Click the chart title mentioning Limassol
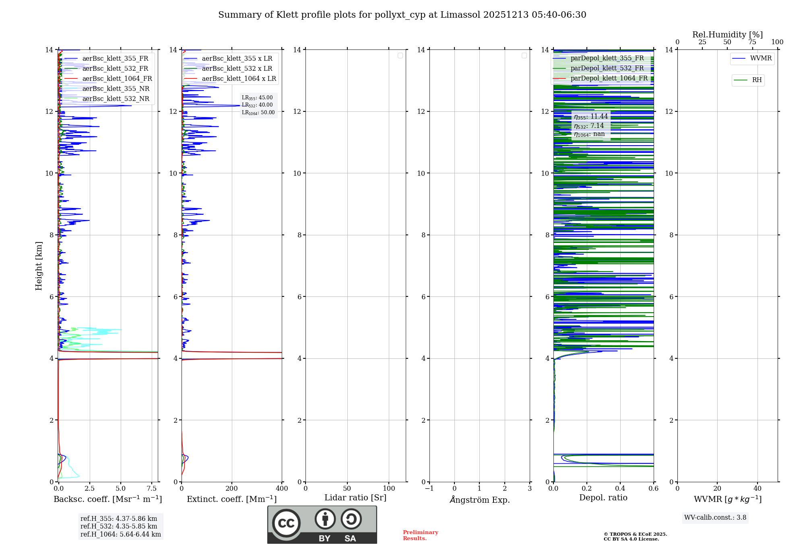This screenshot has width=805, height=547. [x=402, y=15]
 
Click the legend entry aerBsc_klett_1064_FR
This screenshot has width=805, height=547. [x=117, y=79]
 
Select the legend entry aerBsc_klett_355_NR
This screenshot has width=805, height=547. [x=116, y=89]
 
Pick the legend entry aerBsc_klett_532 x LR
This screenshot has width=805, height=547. [x=237, y=69]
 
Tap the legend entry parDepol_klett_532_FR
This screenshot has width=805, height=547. [x=607, y=68]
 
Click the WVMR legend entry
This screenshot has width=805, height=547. [x=760, y=58]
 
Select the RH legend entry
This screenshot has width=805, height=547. [x=756, y=80]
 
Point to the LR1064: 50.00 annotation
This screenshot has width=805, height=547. [x=258, y=113]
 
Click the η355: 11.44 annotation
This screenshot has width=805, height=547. [x=590, y=117]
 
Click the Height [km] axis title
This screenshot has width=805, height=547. [x=39, y=266]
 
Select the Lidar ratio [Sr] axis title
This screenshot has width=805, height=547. [x=355, y=498]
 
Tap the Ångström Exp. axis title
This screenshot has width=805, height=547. [x=479, y=500]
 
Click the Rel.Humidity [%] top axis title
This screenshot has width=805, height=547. [x=727, y=35]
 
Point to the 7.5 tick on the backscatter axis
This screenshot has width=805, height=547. [x=152, y=489]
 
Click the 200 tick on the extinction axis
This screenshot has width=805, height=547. [x=231, y=489]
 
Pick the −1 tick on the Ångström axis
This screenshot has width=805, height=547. [x=429, y=489]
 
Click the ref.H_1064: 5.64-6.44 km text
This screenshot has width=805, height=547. [x=120, y=535]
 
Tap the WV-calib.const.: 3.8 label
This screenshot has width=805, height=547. [x=715, y=518]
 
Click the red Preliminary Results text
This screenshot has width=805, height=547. [x=420, y=535]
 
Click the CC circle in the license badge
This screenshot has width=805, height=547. [x=286, y=523]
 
